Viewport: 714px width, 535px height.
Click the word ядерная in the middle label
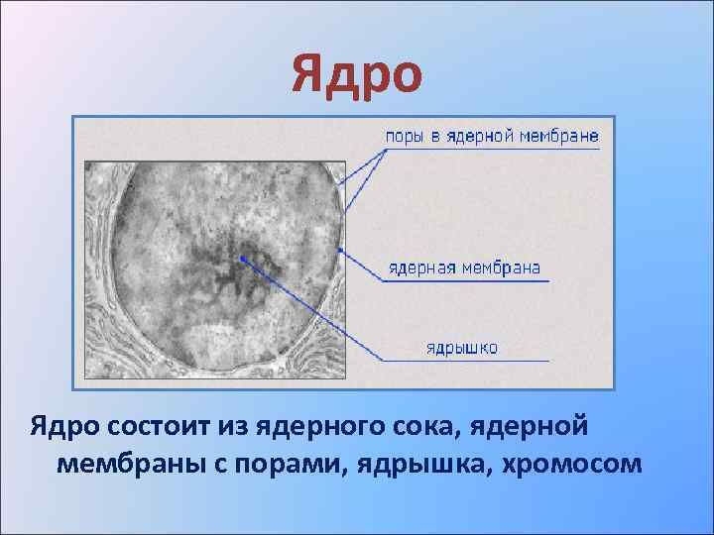[419, 267]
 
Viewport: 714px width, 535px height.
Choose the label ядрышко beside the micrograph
[461, 348]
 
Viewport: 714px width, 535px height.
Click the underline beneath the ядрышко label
[466, 361]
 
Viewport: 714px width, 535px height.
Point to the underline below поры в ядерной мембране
[491, 149]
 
